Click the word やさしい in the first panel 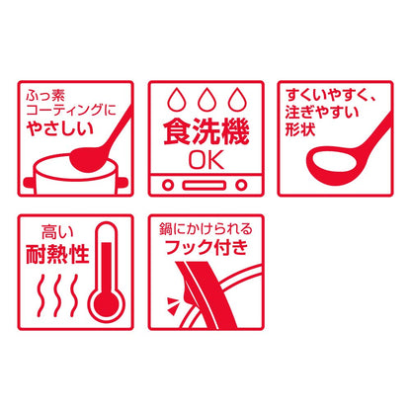[x=60, y=128]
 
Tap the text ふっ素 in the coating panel [x=45, y=96]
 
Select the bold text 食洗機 [x=206, y=132]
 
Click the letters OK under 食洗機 [x=206, y=160]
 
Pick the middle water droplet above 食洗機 [x=206, y=99]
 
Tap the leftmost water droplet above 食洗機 [x=177, y=99]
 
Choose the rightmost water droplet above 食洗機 [x=237, y=99]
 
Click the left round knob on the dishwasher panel [x=168, y=185]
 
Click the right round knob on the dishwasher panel [x=241, y=185]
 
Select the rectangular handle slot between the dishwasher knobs [x=205, y=185]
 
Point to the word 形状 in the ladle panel [x=300, y=128]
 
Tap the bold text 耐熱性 [x=57, y=254]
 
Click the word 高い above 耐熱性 [x=57, y=232]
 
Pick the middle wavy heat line [x=58, y=294]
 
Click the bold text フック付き [x=206, y=247]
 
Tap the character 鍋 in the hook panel [x=166, y=229]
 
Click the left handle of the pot [x=29, y=182]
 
